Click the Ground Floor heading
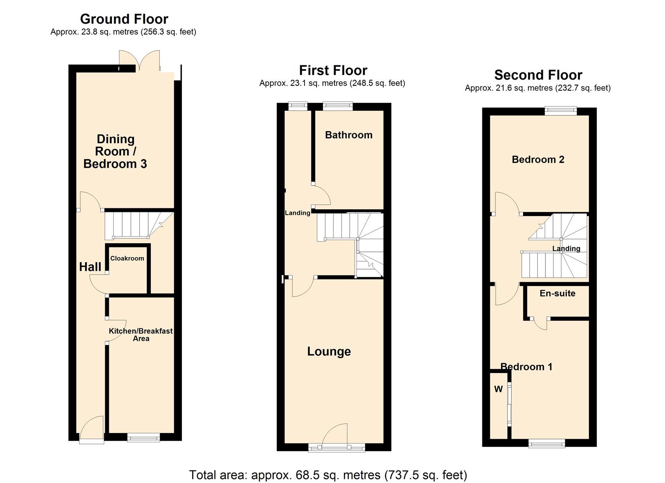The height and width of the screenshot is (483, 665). pos(124,19)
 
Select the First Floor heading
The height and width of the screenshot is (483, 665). pos(333,71)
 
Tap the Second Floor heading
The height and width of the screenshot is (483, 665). pos(538,75)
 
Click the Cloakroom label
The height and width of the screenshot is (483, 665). pos(127,258)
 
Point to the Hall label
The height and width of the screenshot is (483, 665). pos(90,267)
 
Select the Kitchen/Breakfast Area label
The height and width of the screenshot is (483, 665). pos(141,335)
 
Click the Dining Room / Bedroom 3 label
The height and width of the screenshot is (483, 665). pos(116,152)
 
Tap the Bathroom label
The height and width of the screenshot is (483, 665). pos(348,135)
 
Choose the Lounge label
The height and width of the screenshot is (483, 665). pos(329,352)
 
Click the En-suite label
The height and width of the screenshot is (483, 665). pos(557,293)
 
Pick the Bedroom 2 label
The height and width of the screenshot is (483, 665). pos(538,160)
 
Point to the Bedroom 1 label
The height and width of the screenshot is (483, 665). pos(526,367)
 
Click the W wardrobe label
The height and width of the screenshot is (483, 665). pos(498,389)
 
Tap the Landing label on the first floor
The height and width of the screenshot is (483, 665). pos(297,213)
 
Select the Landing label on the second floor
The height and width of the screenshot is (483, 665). pos(566,249)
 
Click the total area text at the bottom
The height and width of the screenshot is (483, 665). pos(328,475)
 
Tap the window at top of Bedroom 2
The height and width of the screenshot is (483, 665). pos(560,110)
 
